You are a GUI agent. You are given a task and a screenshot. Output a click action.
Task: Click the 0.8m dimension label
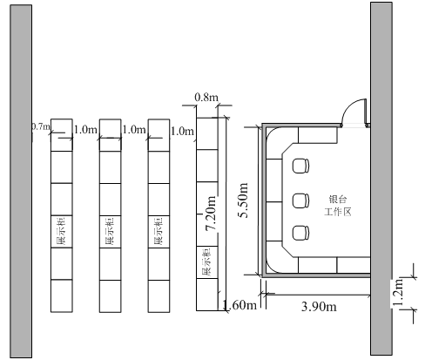tap(206, 97)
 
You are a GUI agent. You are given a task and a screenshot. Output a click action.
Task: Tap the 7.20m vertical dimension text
tap(211, 214)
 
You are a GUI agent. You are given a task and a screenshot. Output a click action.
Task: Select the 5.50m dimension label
tap(242, 200)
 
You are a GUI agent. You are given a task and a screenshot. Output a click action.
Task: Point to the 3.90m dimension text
tap(319, 307)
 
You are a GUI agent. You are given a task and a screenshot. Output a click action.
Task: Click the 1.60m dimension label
tap(239, 305)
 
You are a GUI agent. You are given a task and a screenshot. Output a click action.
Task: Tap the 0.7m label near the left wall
tap(41, 126)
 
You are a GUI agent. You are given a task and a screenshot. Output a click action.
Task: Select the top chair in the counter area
tap(300, 166)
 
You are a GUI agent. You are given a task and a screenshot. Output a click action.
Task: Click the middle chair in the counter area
tap(300, 200)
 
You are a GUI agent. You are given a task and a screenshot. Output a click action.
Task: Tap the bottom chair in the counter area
tap(300, 233)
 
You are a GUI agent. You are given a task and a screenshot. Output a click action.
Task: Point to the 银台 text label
tap(338, 200)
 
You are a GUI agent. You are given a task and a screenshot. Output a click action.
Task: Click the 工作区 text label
tap(338, 212)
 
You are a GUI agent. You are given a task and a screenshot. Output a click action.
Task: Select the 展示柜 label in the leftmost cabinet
tap(61, 232)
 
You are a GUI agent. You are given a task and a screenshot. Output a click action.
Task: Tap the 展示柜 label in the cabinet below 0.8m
tap(206, 262)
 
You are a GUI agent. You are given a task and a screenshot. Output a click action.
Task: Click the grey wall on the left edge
tap(21, 181)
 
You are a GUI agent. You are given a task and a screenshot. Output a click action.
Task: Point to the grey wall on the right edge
tap(381, 179)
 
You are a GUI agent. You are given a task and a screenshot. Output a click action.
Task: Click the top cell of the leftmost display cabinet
tap(62, 135)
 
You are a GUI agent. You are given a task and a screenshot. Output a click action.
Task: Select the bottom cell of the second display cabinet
tap(111, 296)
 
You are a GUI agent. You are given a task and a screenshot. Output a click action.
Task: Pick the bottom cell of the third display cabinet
tap(159, 296)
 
